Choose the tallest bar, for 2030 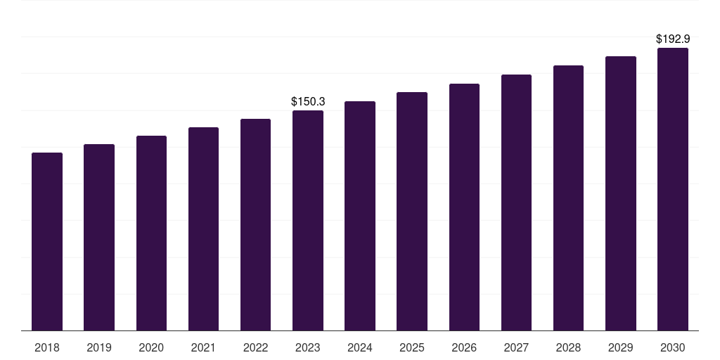(673, 189)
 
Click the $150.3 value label (308, 102)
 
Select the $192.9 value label (673, 39)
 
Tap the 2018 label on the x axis (47, 347)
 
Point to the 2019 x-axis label (99, 347)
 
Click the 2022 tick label (256, 347)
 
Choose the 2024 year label (360, 347)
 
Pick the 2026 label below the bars (464, 347)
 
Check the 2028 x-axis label (568, 347)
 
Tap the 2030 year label (673, 347)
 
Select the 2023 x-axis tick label (308, 347)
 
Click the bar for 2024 (360, 216)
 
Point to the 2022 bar (256, 224)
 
